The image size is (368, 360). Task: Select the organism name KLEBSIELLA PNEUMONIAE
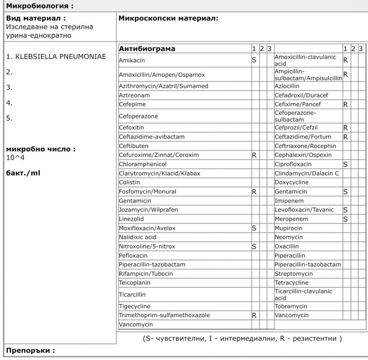click(57, 57)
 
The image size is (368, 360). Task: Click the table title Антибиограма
click(147, 49)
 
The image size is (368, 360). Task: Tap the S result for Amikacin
click(254, 60)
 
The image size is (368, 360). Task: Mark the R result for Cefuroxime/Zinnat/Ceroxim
click(254, 155)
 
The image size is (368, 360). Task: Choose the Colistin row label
click(129, 182)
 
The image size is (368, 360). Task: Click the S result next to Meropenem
click(345, 219)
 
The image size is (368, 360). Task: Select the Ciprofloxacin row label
click(293, 164)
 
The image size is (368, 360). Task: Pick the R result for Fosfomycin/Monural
click(254, 192)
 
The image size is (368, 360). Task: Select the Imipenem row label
click(289, 201)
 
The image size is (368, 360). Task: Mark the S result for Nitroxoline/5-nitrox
click(254, 246)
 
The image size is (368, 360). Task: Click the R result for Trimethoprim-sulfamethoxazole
click(254, 315)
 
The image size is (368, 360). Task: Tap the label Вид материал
click(36, 18)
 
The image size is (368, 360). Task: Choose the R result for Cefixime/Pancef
click(345, 104)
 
